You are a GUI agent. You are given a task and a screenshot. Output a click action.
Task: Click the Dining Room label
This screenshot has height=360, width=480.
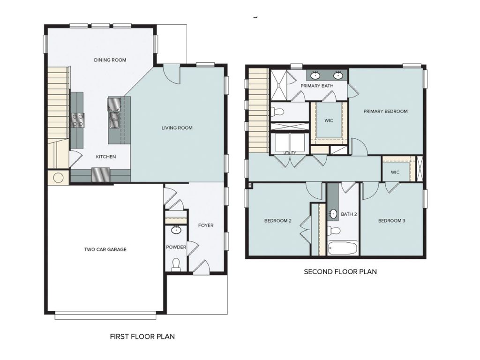pyautogui.click(x=110, y=60)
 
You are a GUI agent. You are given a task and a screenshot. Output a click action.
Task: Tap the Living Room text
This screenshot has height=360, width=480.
pyautogui.click(x=177, y=128)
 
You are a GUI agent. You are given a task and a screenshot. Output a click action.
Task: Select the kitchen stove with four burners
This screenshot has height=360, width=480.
pyautogui.click(x=78, y=120)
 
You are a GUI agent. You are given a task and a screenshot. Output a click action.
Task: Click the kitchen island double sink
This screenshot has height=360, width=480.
pyautogui.click(x=113, y=120)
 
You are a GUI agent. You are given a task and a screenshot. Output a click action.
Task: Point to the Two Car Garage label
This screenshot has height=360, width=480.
pyautogui.click(x=105, y=250)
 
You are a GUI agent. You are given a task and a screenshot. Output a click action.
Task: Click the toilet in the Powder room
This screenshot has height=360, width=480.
pyautogui.click(x=176, y=265)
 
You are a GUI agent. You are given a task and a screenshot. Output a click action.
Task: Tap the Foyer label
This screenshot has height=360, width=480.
pyautogui.click(x=206, y=225)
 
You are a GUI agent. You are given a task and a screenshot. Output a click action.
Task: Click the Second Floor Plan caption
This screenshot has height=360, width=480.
pyautogui.click(x=340, y=271)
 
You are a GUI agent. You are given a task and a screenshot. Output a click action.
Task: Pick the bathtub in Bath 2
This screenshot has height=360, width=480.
pyautogui.click(x=343, y=247)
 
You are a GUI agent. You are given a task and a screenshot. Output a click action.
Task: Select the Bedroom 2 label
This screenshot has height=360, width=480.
pyautogui.click(x=278, y=221)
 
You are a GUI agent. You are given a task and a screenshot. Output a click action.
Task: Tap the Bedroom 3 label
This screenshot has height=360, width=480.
pyautogui.click(x=392, y=221)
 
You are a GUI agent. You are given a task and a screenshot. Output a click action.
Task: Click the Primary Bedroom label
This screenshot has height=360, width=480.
pyautogui.click(x=386, y=112)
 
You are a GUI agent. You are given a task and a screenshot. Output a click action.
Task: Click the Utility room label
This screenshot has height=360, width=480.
pyautogui.click(x=289, y=153)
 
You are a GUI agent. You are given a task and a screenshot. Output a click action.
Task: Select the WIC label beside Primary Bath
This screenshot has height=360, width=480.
pyautogui.click(x=329, y=120)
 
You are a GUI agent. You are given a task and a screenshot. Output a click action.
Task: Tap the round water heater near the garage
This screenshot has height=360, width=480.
pyautogui.click(x=59, y=178)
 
